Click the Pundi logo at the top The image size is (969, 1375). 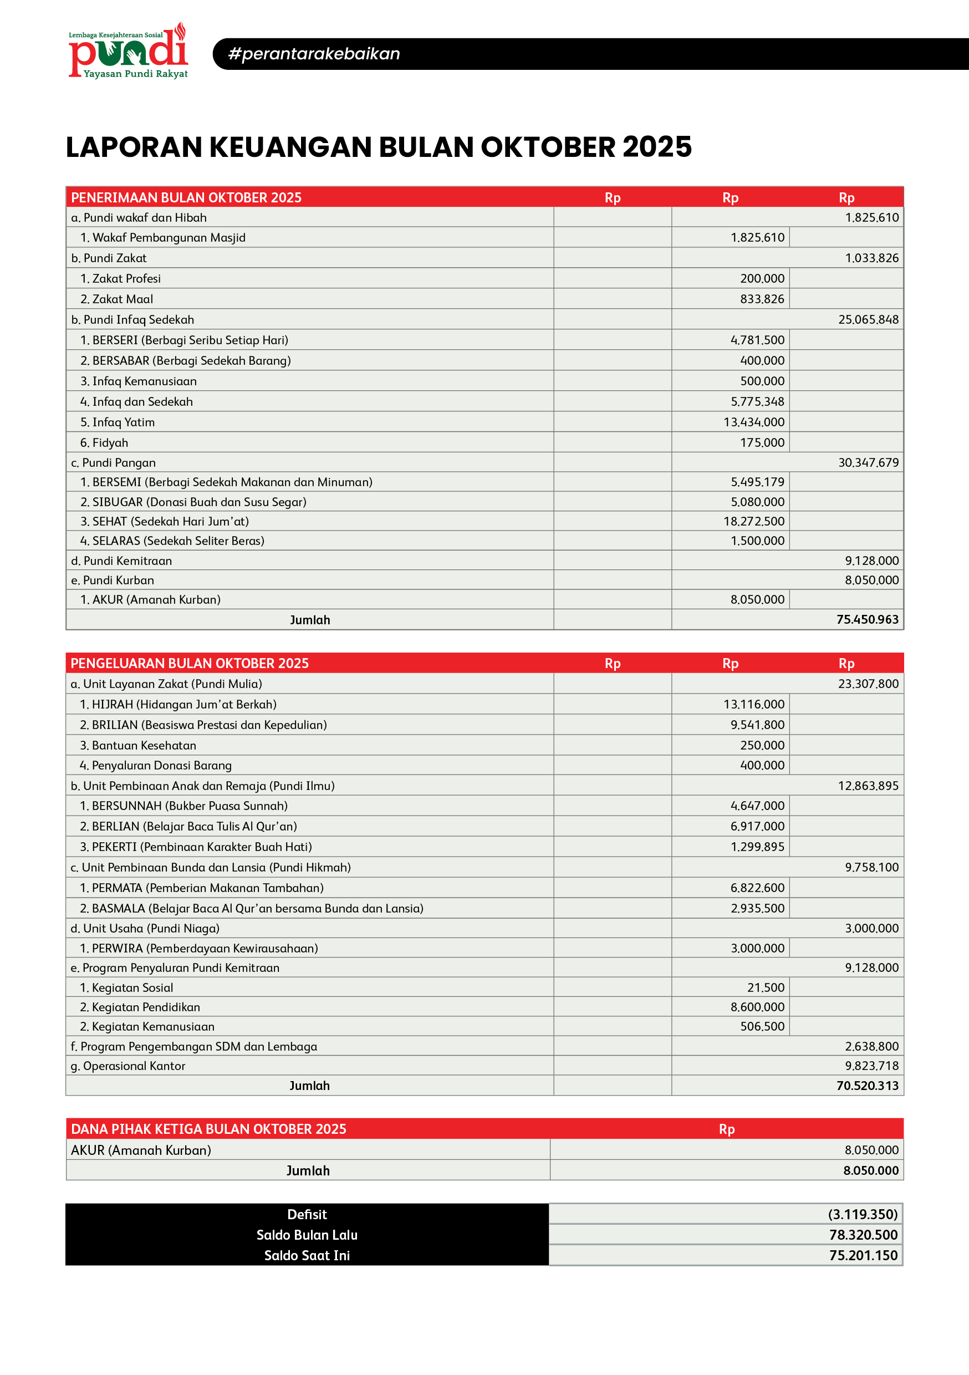[x=128, y=52]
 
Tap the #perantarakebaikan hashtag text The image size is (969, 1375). [x=314, y=54]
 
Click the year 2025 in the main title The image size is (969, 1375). [x=657, y=147]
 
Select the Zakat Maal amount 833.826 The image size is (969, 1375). [x=762, y=299]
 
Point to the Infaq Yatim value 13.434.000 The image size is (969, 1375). [x=753, y=422]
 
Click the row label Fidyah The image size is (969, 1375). [x=110, y=442]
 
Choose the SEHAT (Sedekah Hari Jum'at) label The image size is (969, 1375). [x=170, y=521]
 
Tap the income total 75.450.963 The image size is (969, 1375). [x=867, y=619]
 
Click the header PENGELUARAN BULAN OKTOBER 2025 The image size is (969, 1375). [x=189, y=663]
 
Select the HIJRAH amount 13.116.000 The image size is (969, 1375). [x=753, y=704]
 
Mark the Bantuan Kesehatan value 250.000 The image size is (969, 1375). [x=762, y=745]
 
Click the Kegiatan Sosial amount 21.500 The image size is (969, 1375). [x=766, y=987]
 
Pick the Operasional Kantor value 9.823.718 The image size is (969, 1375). [x=871, y=1066]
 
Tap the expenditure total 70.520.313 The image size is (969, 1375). [x=867, y=1086]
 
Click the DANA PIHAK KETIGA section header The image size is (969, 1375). [x=208, y=1129]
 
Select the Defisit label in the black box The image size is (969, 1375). [x=307, y=1215]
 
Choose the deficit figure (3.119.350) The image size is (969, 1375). [x=863, y=1215]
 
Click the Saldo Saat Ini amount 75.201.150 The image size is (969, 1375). [x=863, y=1255]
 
